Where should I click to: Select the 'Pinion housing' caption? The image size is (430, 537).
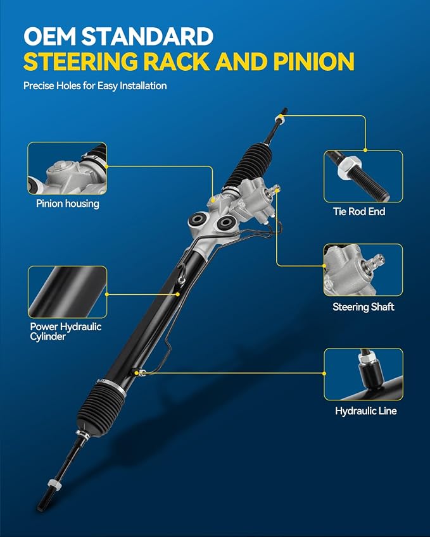[68, 204]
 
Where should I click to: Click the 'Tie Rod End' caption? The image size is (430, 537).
[359, 211]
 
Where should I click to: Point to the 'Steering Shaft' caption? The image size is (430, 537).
[363, 307]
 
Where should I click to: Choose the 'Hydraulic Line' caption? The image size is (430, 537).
[366, 410]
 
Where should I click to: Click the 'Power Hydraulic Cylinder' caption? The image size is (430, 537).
[65, 331]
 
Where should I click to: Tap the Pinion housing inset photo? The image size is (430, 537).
[67, 168]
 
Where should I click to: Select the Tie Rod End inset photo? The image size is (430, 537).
[363, 176]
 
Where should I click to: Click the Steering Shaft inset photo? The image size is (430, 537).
[363, 270]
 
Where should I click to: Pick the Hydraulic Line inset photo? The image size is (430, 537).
[364, 374]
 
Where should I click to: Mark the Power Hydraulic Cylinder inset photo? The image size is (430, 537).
[67, 292]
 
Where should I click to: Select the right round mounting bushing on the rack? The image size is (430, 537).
[225, 223]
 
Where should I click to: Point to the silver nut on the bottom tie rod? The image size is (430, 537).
[54, 484]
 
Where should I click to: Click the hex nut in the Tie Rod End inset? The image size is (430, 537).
[348, 168]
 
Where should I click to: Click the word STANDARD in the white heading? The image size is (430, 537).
[148, 36]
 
